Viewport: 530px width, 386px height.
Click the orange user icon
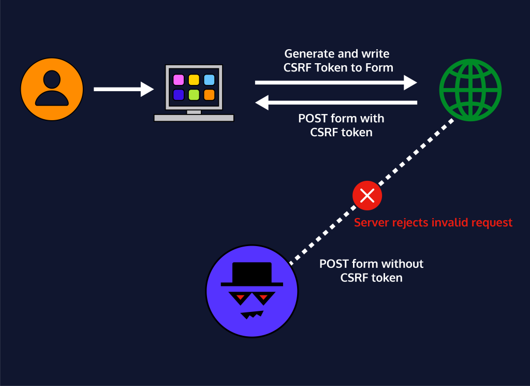[x=52, y=89]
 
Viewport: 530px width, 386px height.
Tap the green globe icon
[x=470, y=89]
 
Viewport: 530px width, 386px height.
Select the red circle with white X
[x=367, y=196]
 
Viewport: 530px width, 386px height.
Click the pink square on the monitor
[x=179, y=80]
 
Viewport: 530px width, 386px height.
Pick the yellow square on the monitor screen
[x=194, y=80]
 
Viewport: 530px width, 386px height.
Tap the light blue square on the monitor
[x=209, y=80]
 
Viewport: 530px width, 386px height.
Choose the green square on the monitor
[x=194, y=95]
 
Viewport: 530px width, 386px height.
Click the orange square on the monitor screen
[x=209, y=95]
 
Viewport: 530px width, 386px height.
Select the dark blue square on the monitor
[x=179, y=95]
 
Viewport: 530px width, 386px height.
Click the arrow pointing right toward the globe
[x=336, y=82]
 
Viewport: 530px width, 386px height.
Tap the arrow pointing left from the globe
[x=336, y=103]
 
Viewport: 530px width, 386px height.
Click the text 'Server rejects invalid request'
[x=433, y=223]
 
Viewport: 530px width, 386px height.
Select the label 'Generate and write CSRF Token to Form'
[x=337, y=61]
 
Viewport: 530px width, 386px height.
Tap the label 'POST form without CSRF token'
[x=371, y=270]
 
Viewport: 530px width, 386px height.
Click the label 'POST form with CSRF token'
[x=341, y=125]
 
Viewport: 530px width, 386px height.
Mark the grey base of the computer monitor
[x=194, y=118]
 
